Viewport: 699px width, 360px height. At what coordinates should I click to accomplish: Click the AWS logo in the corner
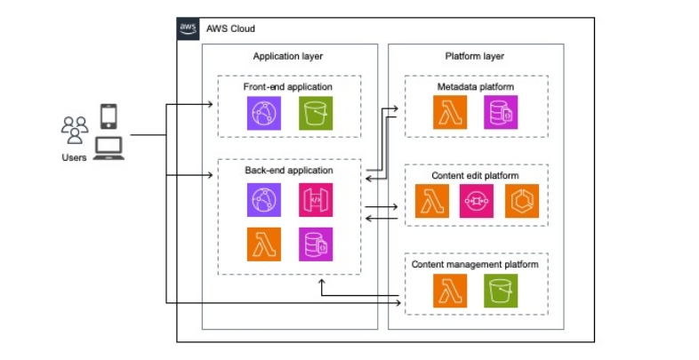(x=189, y=28)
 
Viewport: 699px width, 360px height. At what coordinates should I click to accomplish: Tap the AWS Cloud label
(x=230, y=28)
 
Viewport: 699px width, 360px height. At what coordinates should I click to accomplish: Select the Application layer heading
(x=287, y=56)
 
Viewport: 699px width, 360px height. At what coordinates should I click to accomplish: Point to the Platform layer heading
(x=476, y=56)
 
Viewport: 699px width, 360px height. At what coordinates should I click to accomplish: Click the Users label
(x=74, y=158)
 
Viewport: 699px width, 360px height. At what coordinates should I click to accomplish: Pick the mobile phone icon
(x=108, y=116)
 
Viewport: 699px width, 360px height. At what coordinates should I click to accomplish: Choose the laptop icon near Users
(x=108, y=148)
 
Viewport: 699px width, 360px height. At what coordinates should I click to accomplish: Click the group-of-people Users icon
(x=75, y=130)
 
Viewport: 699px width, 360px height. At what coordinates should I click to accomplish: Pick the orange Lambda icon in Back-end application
(x=264, y=244)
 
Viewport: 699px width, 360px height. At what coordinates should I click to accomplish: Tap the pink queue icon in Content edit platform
(x=476, y=204)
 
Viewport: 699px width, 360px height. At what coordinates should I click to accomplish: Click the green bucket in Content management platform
(x=500, y=291)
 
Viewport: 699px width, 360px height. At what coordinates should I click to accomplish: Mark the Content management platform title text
(x=476, y=264)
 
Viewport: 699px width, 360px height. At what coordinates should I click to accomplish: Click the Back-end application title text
(x=288, y=169)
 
